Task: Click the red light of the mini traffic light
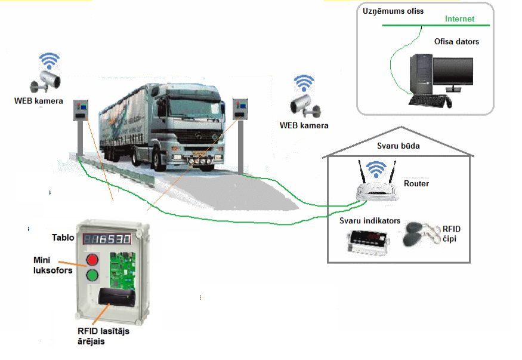92,260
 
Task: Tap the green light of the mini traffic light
92,276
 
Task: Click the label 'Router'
416,183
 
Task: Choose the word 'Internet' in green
459,19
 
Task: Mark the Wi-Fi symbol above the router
376,168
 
